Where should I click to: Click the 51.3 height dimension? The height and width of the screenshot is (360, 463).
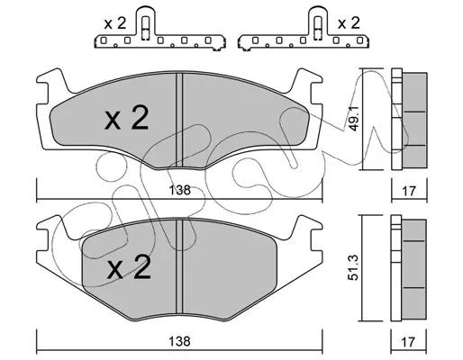(353, 267)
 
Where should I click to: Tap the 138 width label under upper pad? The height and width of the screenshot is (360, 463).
(179, 190)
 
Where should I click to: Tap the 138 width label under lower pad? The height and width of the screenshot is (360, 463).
(179, 341)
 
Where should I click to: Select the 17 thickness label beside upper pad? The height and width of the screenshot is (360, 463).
(409, 191)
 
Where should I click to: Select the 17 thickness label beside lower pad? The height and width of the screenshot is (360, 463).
(408, 342)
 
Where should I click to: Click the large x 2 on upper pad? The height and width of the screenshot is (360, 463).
(126, 118)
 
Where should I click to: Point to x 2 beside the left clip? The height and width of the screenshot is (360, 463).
(115, 23)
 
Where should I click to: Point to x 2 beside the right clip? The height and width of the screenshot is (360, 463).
(349, 23)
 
